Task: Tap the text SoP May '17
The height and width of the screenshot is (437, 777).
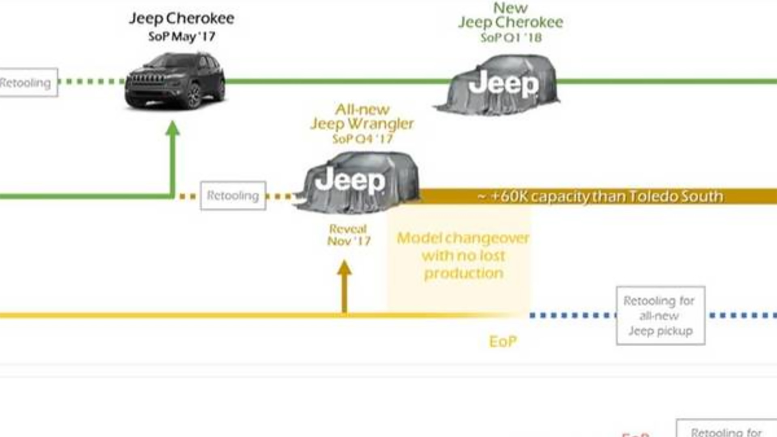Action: click(182, 37)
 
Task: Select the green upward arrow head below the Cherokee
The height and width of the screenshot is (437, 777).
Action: click(173, 128)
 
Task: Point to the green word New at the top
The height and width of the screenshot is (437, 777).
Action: click(510, 8)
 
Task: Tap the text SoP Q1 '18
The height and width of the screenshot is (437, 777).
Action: click(511, 38)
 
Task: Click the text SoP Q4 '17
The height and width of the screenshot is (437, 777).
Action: click(363, 139)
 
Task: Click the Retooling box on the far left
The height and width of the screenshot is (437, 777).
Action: click(27, 83)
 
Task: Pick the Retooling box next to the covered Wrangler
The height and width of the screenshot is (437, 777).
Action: click(233, 196)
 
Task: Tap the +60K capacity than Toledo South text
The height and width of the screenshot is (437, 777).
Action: click(601, 196)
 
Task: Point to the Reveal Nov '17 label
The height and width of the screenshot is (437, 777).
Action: click(348, 235)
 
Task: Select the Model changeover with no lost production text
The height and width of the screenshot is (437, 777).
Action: click(463, 255)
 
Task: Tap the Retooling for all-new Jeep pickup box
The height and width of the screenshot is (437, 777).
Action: click(660, 316)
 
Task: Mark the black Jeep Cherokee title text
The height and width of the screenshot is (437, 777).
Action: click(182, 18)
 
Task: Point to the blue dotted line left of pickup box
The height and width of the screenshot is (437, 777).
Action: click(572, 315)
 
